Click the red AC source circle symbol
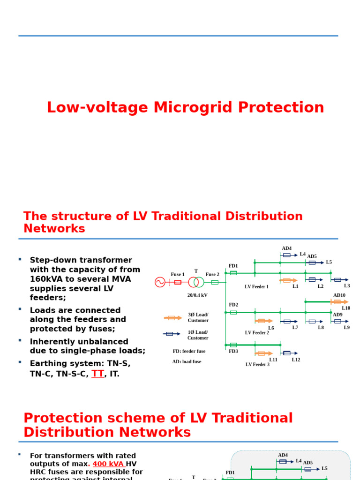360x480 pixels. [160, 282]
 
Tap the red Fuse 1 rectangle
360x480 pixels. [178, 282]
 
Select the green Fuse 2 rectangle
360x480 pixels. [215, 282]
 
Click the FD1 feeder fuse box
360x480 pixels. [233, 273]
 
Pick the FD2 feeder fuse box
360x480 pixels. [233, 312]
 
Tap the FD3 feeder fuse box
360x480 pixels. [233, 345]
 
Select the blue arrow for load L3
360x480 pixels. [339, 280]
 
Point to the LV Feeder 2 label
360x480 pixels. [257, 333]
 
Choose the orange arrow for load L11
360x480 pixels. [263, 353]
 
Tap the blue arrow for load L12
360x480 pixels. [289, 353]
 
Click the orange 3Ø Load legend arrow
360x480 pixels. [172, 318]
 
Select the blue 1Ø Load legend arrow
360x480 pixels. [172, 334]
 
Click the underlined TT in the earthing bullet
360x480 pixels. [97, 374]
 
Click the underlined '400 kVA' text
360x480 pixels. [108, 464]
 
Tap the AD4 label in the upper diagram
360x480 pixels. [286, 248]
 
